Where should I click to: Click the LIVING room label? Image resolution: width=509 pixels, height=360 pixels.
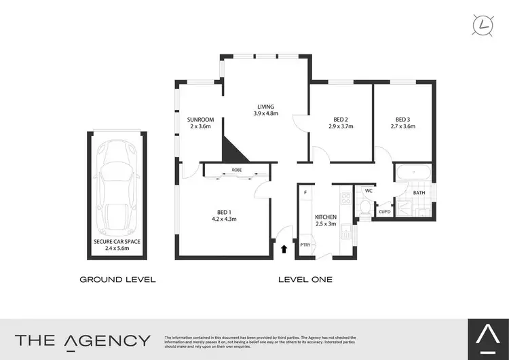[x=265, y=106]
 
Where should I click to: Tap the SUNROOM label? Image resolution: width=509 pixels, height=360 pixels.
[x=200, y=120]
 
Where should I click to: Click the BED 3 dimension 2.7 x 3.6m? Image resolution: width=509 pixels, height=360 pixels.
[x=402, y=126]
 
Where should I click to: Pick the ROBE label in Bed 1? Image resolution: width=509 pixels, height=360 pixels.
[x=237, y=169]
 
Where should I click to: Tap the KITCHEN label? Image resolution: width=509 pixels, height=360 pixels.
[x=326, y=217]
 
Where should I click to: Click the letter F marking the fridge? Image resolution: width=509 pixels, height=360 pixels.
[x=306, y=193]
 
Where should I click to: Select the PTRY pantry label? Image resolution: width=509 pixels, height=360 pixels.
[x=305, y=245]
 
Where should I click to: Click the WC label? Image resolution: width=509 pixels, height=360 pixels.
[x=369, y=191]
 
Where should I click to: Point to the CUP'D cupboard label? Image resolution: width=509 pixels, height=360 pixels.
[x=384, y=212]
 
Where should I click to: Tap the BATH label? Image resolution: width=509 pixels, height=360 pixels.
[x=419, y=193]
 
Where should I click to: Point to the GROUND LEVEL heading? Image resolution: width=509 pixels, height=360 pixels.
[x=117, y=279]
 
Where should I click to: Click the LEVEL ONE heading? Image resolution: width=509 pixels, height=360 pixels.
[x=305, y=279]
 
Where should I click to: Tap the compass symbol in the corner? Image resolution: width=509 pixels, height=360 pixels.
[x=483, y=25]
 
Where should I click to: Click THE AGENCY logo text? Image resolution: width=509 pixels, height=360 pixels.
[x=82, y=340]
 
